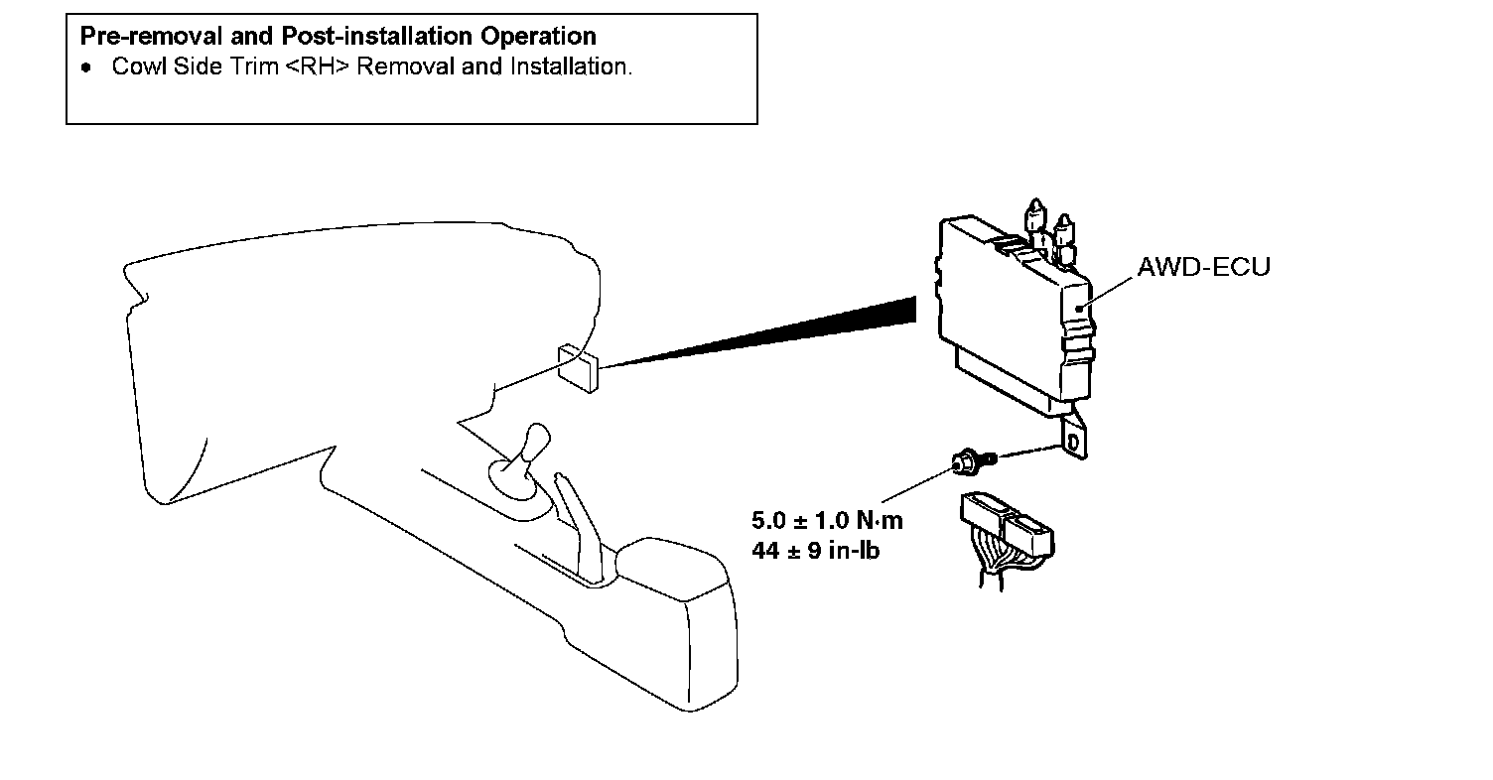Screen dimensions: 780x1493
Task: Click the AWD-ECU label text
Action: point(1203,267)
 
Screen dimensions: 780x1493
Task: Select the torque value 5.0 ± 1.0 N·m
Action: point(828,520)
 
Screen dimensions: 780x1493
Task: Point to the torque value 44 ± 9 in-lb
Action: point(816,551)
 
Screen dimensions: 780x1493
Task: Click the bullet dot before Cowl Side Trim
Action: point(87,68)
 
